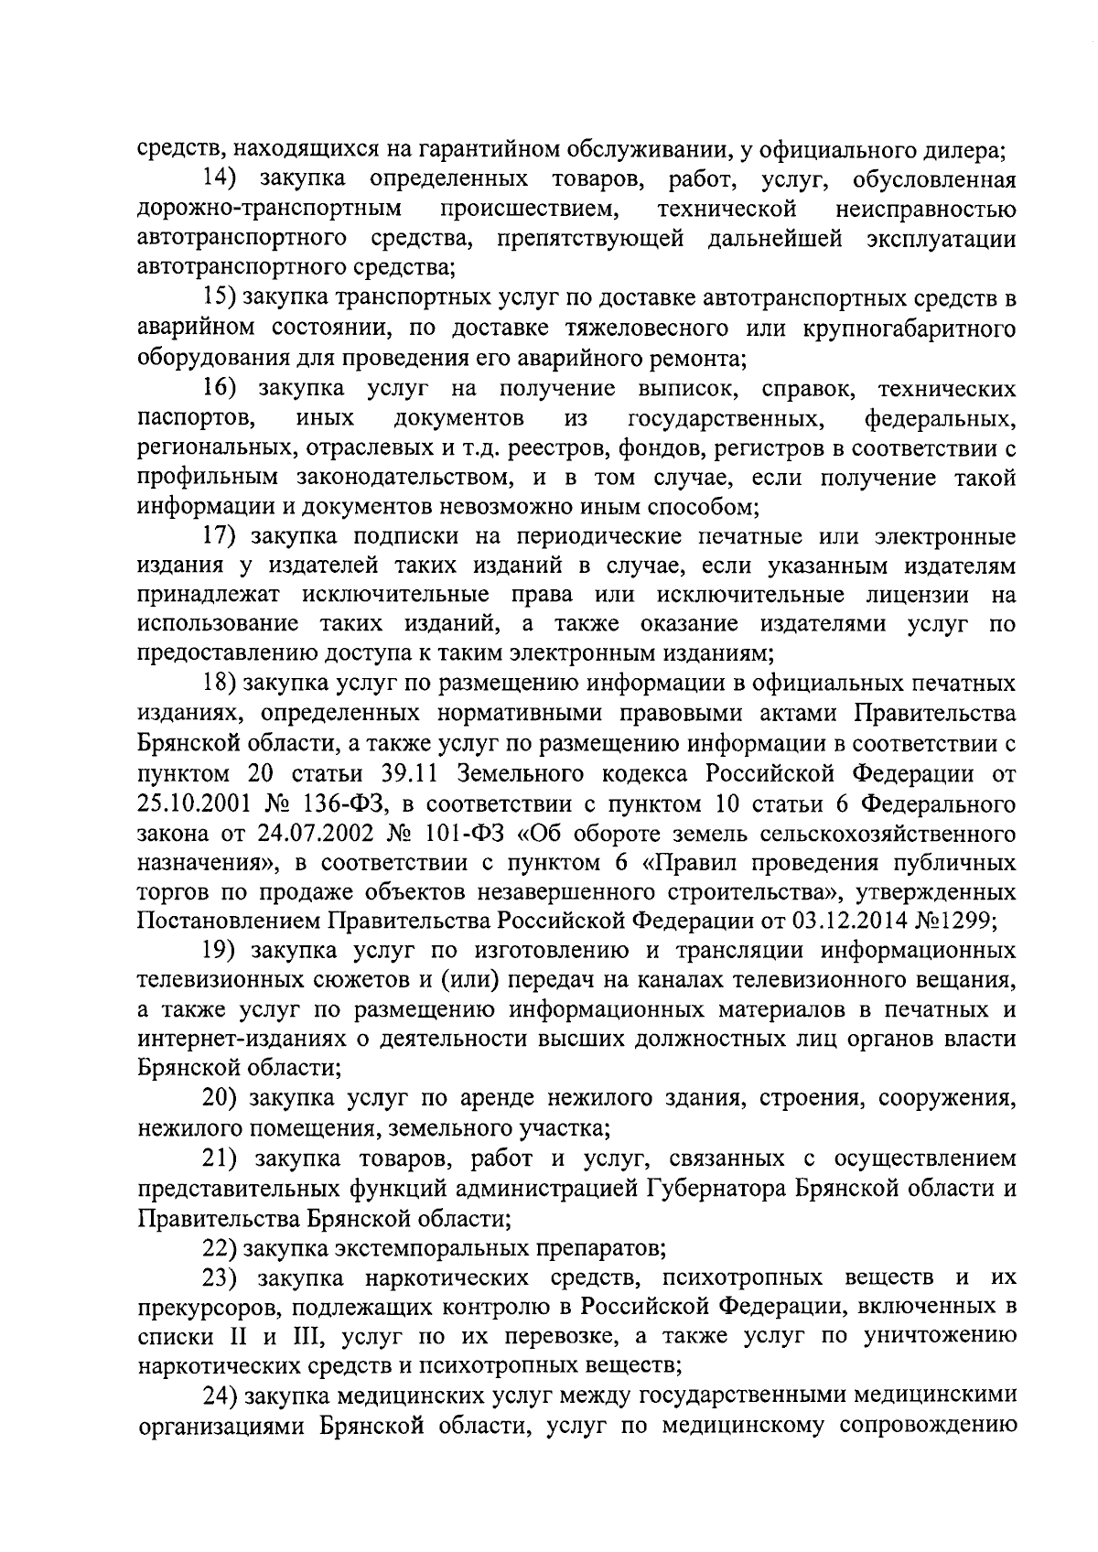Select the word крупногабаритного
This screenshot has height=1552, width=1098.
tap(911, 328)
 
